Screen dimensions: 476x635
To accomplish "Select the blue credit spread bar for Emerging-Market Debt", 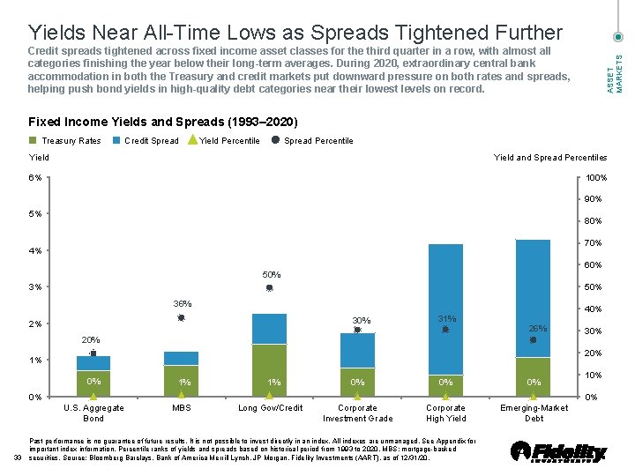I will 533,298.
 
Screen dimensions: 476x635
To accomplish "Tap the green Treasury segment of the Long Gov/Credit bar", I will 269,370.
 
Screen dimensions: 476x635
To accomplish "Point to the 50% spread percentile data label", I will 270,275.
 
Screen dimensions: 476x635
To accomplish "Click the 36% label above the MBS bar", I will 182,304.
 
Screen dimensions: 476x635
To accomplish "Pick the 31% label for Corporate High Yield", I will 445,318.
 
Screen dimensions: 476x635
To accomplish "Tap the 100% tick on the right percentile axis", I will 596,178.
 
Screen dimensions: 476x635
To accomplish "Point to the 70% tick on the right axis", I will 594,243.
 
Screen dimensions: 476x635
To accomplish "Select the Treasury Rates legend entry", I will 66,141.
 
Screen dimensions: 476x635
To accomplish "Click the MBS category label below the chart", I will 181,408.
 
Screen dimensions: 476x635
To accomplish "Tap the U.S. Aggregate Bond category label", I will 93,413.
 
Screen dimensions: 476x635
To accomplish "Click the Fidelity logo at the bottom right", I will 559,451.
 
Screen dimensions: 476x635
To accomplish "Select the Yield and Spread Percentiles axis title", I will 549,158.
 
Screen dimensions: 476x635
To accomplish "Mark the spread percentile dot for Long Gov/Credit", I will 270,288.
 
